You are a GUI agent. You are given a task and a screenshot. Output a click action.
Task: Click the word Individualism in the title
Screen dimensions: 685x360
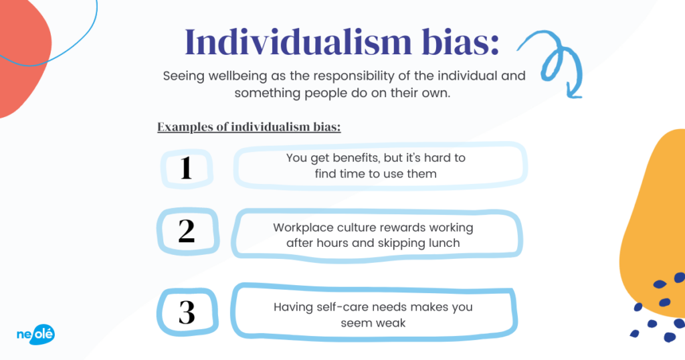(298, 42)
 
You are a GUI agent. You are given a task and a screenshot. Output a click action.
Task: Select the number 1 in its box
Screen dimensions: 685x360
(186, 168)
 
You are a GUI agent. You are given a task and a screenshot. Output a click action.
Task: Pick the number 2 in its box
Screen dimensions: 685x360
(187, 231)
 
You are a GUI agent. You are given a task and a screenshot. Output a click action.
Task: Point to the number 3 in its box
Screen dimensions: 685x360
(187, 312)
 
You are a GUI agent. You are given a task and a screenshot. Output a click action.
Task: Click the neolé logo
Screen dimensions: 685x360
(36, 335)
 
